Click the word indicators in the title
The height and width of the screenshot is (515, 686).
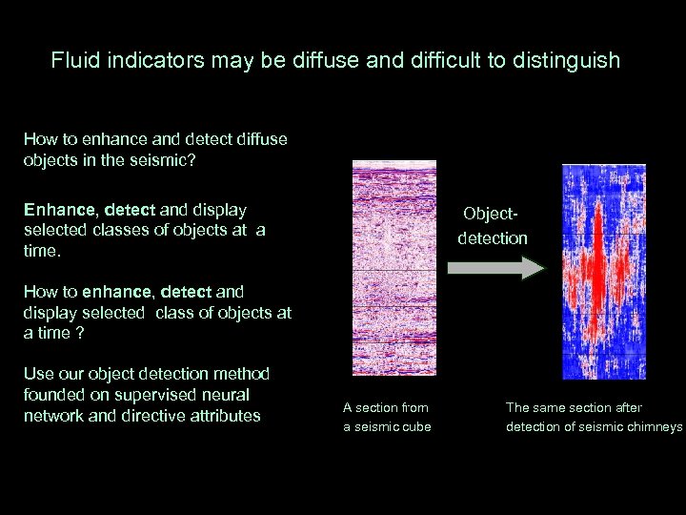coord(149,61)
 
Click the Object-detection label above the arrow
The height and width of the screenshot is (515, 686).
coord(492,227)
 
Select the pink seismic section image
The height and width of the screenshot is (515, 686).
coord(393,267)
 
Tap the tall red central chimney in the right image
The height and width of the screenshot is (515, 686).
coord(597,272)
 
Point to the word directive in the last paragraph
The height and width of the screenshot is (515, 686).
coord(151,416)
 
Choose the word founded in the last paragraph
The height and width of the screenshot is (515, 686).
coord(54,395)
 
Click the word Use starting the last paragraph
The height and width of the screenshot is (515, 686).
coord(38,374)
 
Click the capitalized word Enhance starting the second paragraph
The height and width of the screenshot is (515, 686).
coord(59,209)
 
